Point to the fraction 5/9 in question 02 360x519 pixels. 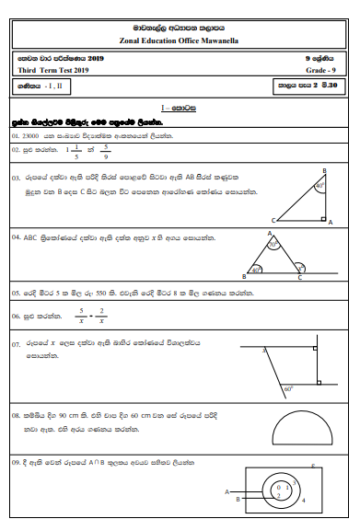pyautogui.click(x=105, y=152)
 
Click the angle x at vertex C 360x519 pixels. pyautogui.click(x=296, y=268)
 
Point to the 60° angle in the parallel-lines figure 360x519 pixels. pyautogui.click(x=288, y=387)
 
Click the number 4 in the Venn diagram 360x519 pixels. pyautogui.click(x=303, y=501)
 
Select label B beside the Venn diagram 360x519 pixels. pyautogui.click(x=238, y=501)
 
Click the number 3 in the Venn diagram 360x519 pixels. pyautogui.click(x=287, y=486)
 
